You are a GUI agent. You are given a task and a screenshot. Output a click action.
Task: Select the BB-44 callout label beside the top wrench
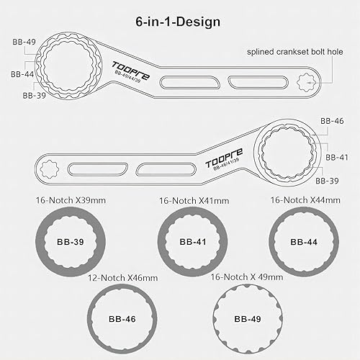click(22, 73)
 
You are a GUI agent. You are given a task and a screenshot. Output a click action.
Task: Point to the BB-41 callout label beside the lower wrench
click(338, 156)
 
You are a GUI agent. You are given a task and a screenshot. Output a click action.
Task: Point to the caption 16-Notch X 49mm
click(245, 276)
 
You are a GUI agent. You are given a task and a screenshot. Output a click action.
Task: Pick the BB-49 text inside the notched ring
click(246, 318)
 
